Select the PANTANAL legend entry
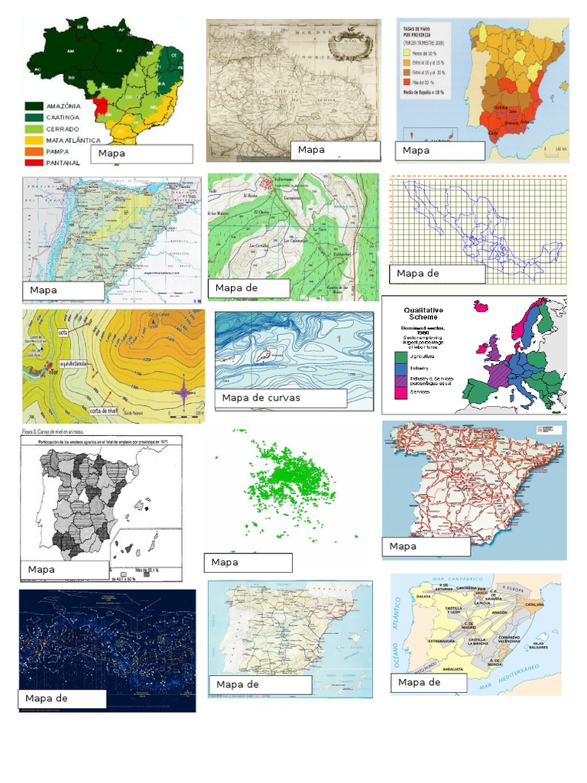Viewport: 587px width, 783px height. point(54,163)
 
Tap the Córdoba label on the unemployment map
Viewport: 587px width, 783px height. point(503,108)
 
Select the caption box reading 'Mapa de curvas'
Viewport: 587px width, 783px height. point(281,398)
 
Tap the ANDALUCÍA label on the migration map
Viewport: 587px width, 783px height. point(443,669)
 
